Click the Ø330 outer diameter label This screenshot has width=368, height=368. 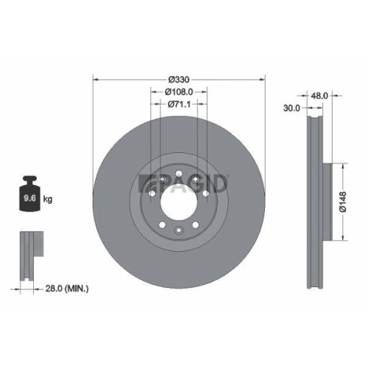178,79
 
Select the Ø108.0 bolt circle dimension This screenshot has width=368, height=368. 178,92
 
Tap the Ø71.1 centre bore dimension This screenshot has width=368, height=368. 178,105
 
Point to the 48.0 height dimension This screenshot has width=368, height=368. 319,96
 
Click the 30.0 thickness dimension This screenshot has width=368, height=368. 291,108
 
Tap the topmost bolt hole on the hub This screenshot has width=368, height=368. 179,173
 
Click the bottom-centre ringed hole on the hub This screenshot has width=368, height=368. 179,231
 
